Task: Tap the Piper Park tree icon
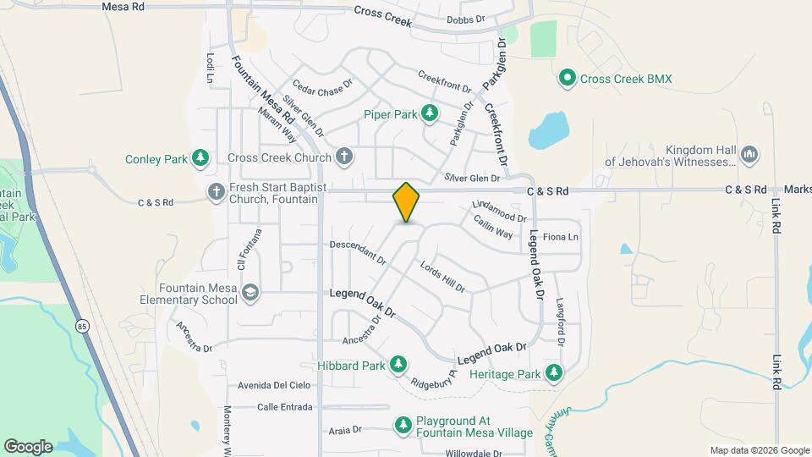point(430,113)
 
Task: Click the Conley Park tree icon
point(200,158)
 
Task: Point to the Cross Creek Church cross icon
point(343,157)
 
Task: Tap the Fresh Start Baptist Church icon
point(216,192)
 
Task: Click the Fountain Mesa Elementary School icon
point(250,293)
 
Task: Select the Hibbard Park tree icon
point(398,366)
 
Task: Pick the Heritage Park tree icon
point(553,373)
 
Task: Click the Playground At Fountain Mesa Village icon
point(404,425)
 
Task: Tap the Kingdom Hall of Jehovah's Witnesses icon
point(749,155)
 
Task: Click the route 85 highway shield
point(82,326)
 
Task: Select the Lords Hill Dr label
point(443,276)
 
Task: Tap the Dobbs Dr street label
point(467,19)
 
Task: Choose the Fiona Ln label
point(561,237)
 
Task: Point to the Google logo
point(28,446)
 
